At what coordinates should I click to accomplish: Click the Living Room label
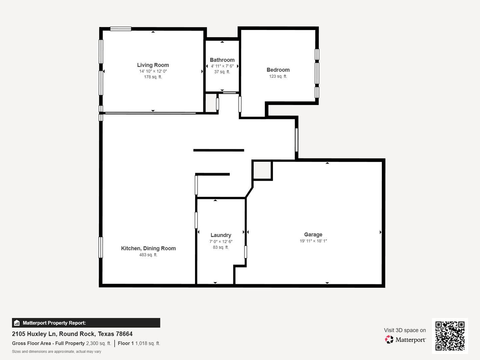coord(153,65)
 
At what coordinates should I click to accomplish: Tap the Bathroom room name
coord(222,60)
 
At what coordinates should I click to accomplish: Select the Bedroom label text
coord(278,70)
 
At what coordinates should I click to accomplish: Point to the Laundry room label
coord(221,235)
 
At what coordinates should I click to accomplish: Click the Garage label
coord(313,235)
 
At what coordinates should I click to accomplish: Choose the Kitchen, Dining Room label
coord(148,248)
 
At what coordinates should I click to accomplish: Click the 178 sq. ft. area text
coord(153,77)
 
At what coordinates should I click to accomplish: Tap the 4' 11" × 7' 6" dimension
coord(222,66)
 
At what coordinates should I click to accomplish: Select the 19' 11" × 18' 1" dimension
coord(313,241)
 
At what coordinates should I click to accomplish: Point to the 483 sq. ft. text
coord(148,255)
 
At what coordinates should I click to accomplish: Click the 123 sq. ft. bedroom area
coord(278,76)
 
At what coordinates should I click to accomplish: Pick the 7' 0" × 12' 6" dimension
coord(221,242)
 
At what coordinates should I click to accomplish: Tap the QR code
coord(450,336)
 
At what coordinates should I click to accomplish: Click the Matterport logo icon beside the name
coord(389,339)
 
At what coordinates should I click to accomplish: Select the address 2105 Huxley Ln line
coord(72,334)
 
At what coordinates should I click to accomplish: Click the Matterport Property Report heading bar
coord(86,323)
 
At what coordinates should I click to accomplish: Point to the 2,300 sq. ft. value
coord(99,343)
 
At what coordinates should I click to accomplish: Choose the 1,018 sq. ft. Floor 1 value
coord(148,343)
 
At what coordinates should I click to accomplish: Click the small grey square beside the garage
coord(262,170)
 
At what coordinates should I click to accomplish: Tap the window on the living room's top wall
coord(121,29)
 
